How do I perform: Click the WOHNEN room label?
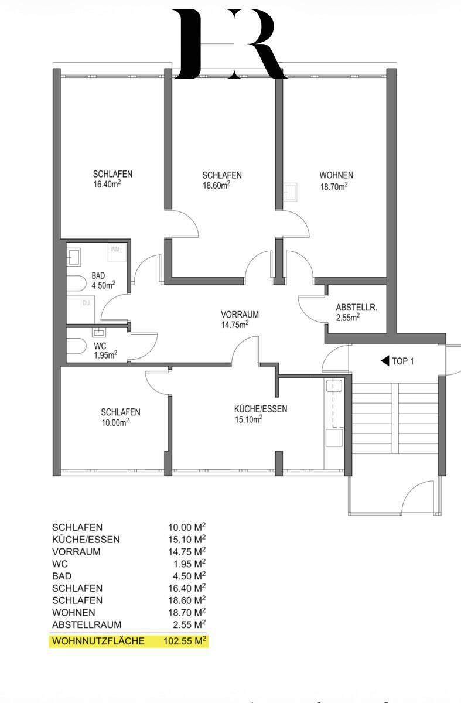(336, 175)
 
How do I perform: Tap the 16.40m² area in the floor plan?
(107, 184)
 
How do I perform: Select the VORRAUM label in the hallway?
(240, 315)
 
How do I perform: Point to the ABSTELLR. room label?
(357, 308)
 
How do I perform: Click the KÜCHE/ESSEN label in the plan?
(261, 409)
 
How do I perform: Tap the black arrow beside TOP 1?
(385, 361)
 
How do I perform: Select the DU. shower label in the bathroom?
(87, 303)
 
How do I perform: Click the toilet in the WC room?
(76, 346)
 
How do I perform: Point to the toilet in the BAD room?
(76, 284)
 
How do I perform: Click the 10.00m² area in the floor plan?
(115, 422)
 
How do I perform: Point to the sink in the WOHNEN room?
(291, 192)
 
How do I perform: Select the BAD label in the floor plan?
(98, 275)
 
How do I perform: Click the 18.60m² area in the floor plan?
(216, 185)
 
